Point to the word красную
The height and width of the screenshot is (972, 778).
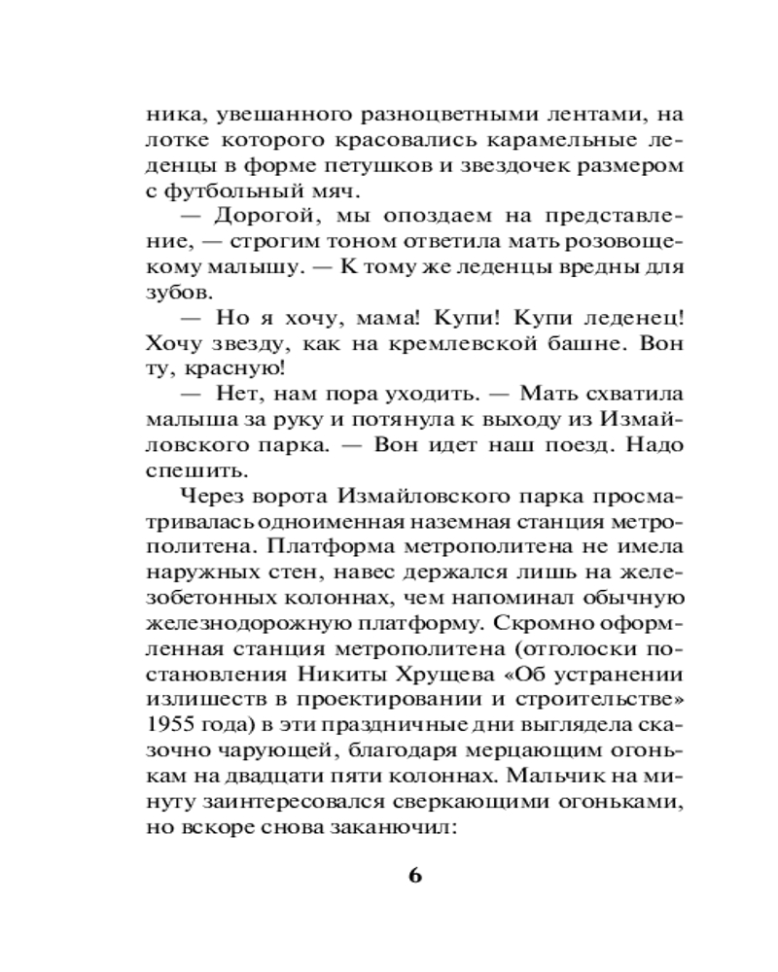pyautogui.click(x=238, y=367)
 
